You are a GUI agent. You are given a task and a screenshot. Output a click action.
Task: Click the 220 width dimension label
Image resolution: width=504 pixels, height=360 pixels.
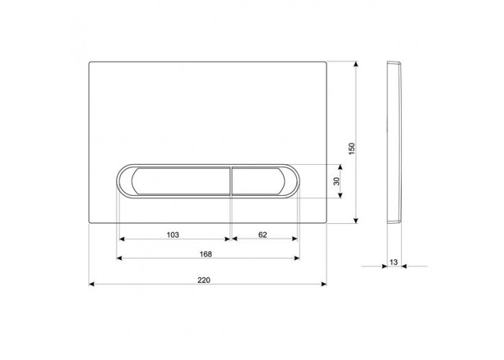coord(204,280)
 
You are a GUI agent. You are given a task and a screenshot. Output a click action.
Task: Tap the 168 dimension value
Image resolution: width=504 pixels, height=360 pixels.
coord(206,254)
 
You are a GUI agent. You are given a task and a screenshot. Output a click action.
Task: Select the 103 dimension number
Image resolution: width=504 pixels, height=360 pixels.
coord(173,235)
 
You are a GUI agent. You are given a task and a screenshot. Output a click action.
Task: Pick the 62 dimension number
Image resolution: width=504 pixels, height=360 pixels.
coord(263,235)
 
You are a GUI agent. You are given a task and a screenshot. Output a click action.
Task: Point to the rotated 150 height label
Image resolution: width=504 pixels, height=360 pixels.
coord(352,149)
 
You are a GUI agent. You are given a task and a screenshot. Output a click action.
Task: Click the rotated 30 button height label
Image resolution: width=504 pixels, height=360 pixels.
coord(336,181)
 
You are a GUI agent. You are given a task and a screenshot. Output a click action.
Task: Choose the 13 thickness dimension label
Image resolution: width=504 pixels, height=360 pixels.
coord(394,262)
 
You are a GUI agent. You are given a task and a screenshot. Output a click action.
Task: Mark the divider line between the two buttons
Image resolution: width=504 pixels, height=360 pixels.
coord(231,181)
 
